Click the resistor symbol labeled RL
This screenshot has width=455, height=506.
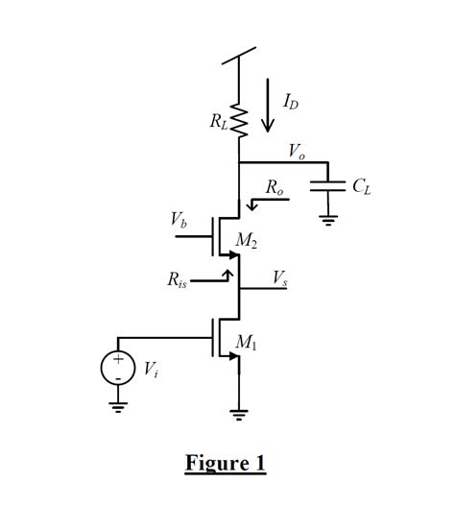(x=238, y=123)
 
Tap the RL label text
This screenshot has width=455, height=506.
(x=218, y=122)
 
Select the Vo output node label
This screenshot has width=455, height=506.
(x=297, y=152)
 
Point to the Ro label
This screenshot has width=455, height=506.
(x=275, y=190)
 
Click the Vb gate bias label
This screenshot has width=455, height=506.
(x=180, y=221)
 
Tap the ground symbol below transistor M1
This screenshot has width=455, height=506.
(x=238, y=415)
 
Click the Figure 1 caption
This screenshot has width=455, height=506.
(x=225, y=464)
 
